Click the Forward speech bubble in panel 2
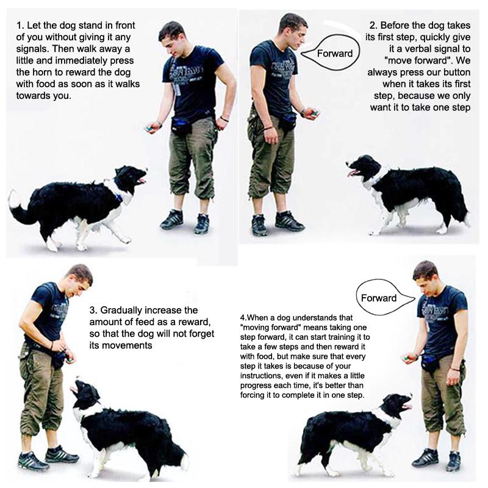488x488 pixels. (x=335, y=53)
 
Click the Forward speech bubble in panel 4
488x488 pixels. (x=379, y=298)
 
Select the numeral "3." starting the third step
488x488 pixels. (x=93, y=310)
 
